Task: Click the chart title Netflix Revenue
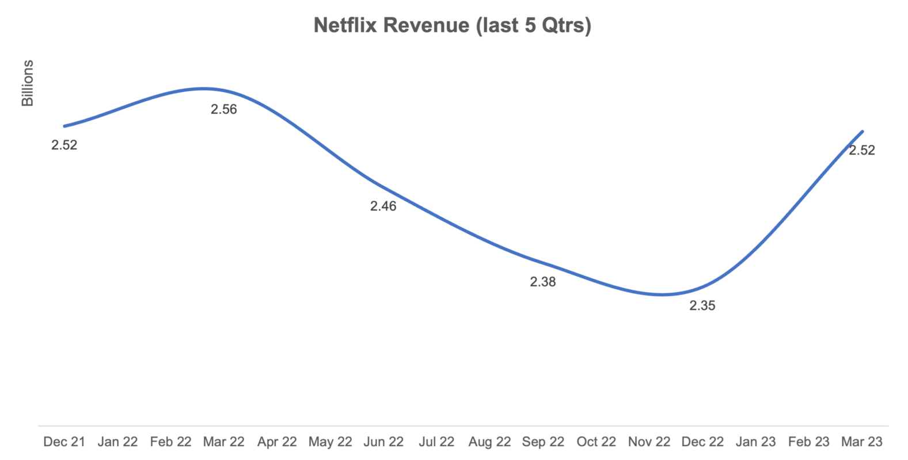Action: tap(452, 25)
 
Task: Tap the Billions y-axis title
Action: tap(27, 83)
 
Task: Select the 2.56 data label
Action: tap(223, 109)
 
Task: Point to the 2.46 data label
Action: tap(383, 206)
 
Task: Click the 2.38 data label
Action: tap(542, 282)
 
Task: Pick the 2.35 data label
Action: tap(702, 306)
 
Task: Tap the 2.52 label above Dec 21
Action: tap(64, 145)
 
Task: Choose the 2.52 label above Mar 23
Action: tap(861, 150)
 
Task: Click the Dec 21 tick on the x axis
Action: tap(64, 442)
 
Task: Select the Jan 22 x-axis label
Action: tap(117, 442)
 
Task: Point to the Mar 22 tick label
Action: tap(223, 442)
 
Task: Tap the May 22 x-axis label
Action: tap(330, 442)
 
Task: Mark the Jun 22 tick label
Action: tap(383, 442)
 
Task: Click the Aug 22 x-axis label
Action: tap(489, 442)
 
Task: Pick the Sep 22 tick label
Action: tap(542, 442)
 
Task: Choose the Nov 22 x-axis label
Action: tap(649, 442)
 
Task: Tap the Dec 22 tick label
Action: tap(702, 442)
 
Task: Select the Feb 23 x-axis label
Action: tap(808, 442)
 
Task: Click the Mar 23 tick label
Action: tap(861, 442)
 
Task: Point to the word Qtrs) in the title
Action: tap(566, 25)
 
